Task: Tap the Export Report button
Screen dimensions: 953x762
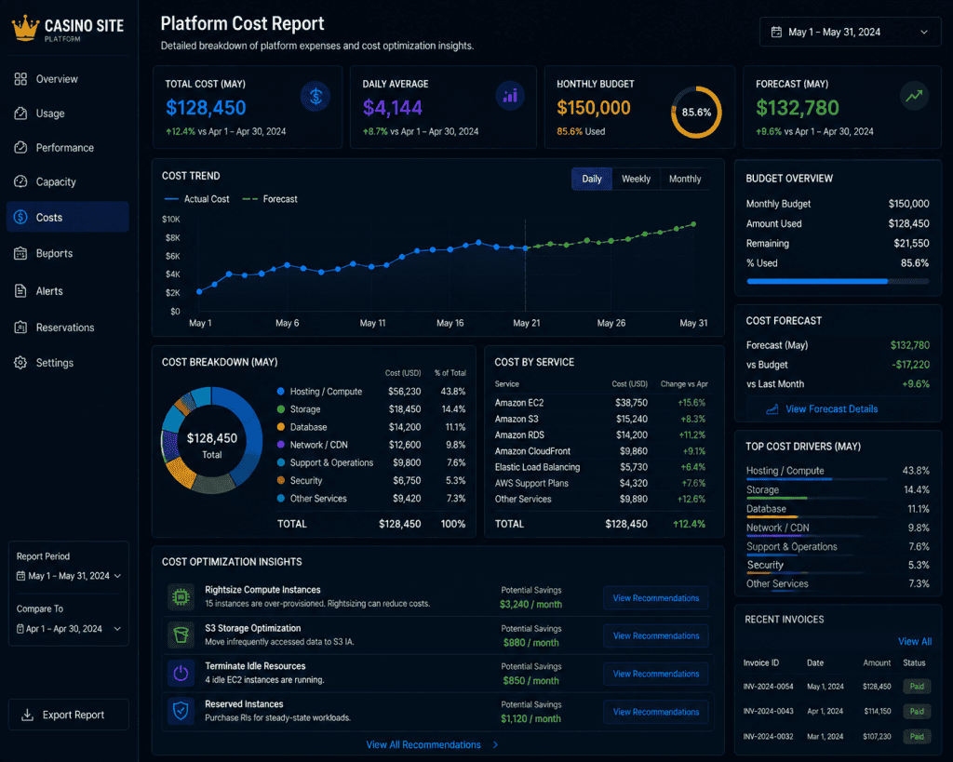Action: [x=68, y=715]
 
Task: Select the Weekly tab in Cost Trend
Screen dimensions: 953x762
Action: [x=636, y=179]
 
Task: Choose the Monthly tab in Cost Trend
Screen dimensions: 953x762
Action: [x=685, y=179]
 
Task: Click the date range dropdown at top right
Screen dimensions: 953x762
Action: [x=850, y=33]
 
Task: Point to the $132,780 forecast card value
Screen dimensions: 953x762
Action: [x=797, y=108]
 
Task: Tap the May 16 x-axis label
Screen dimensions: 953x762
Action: [x=450, y=323]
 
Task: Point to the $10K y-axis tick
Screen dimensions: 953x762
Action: [x=171, y=220]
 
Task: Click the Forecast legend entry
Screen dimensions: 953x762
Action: [x=270, y=199]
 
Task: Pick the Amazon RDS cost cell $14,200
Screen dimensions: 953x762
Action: [x=632, y=435]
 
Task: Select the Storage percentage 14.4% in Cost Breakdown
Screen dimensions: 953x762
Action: [x=453, y=409]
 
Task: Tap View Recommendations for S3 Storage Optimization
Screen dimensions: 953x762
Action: [x=656, y=635]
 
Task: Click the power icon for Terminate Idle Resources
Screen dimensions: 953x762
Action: [x=181, y=674]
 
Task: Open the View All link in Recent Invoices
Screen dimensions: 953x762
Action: [x=915, y=642]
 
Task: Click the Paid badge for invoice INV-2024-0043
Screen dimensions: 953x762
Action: [x=917, y=711]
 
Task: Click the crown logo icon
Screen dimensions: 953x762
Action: [x=25, y=28]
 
